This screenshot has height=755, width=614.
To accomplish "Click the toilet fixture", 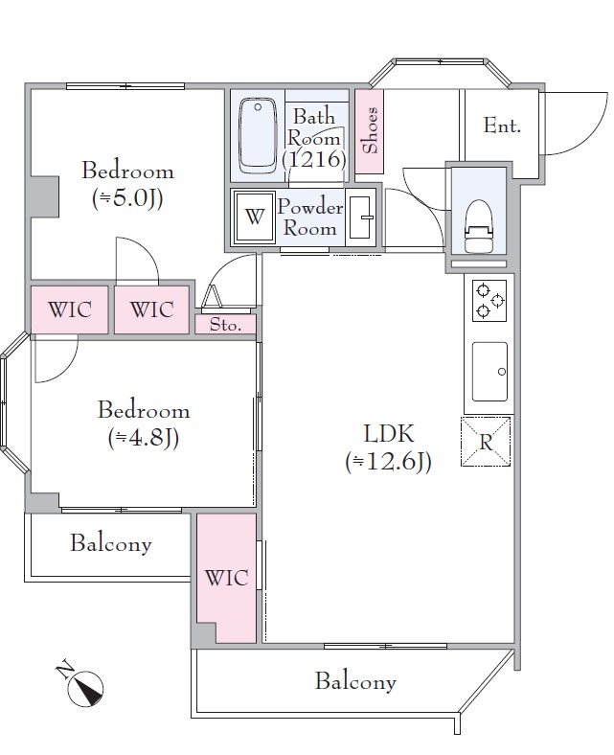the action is coord(479,226).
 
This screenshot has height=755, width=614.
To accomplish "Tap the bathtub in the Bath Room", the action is coord(258,136).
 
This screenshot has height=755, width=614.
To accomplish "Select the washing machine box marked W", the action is coord(254,217).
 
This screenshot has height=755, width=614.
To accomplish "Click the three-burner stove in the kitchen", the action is coord(489,301).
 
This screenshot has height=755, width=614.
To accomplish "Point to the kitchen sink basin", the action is coord(489,371).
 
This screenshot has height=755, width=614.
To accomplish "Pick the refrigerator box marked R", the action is coord(486,442).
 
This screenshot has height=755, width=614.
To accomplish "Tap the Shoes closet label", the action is coord(370,130).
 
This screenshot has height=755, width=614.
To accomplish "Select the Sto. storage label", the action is coord(225,325).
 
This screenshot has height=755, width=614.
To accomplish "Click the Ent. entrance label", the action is coord(502,126).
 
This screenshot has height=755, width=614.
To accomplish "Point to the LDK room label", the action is coord(388,434).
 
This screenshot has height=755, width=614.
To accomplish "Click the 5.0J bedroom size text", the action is coord(127,198).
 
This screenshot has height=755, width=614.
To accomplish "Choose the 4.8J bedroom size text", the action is coord(144,438).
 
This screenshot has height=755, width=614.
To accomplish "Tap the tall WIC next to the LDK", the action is coord(226,578).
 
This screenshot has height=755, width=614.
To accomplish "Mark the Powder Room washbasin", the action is coord(361,217).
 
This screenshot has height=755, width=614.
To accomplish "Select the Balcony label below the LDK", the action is coord(355,681).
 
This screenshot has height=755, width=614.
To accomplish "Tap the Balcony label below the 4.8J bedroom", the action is coord(111,543).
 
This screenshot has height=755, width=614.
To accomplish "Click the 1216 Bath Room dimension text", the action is coord(314,159).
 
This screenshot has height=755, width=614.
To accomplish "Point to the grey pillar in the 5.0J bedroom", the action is coord(44,196).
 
